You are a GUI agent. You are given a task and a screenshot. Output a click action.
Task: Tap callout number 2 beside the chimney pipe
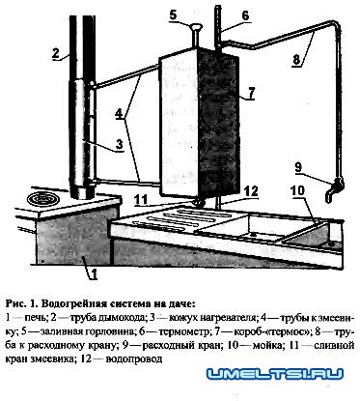tap(57, 52)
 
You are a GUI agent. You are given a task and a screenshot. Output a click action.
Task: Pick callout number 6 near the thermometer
tap(245, 16)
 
